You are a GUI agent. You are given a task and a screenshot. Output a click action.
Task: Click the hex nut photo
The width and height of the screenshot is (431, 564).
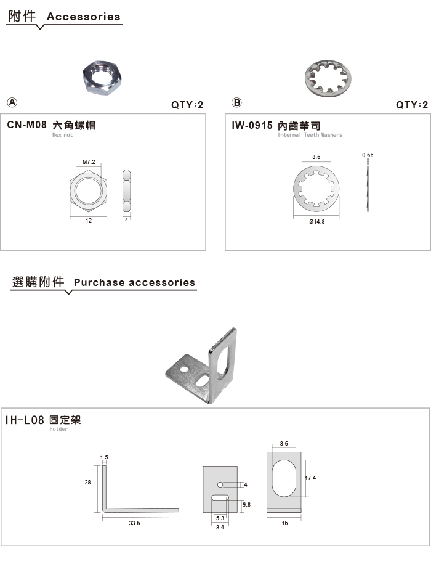coord(102,77)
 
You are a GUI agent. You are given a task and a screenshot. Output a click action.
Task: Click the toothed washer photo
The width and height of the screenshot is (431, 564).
coord(328,78)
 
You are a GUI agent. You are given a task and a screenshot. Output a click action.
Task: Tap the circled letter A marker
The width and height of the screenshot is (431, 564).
coord(12,102)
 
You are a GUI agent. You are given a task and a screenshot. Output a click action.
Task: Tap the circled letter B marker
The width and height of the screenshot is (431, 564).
coord(236,102)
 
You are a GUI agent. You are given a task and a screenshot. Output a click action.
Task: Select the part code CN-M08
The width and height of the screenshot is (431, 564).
coord(27,125)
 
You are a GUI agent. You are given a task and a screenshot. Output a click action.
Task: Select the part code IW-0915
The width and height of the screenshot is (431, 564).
coord(252,125)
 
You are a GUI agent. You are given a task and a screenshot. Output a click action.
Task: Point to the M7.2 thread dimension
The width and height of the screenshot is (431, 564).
coord(89,162)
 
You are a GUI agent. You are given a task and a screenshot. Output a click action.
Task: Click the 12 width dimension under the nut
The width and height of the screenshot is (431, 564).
coord(89,221)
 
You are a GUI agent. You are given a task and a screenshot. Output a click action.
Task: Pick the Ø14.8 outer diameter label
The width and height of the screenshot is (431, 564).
coord(316,221)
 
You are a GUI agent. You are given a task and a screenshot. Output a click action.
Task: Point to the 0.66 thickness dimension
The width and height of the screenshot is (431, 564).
coord(368,155)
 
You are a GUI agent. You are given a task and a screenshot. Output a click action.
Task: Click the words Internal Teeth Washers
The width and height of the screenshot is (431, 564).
coord(310,135)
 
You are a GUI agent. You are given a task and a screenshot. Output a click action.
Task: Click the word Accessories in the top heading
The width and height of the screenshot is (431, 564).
coord(83,17)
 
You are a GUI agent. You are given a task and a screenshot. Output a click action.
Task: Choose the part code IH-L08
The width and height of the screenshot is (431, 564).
coord(25,420)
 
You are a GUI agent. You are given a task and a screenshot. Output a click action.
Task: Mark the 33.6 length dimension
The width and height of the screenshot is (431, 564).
coord(134,523)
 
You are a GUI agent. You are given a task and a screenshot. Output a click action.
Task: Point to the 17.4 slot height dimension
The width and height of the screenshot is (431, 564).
coord(311,478)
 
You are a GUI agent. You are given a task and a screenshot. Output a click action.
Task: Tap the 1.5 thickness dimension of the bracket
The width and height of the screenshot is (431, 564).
coord(104,457)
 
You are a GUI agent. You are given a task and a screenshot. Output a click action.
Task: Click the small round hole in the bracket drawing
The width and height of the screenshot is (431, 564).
coord(220,485)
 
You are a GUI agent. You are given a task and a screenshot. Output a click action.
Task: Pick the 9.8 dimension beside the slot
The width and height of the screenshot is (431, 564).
coord(246,505)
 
